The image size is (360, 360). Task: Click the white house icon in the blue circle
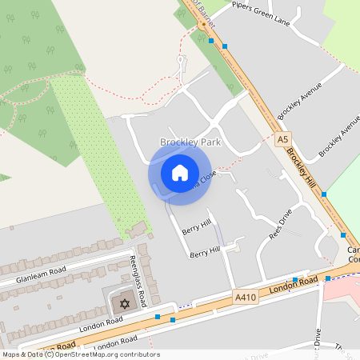pyautogui.click(x=180, y=172)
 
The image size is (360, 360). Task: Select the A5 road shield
pyautogui.click(x=282, y=139)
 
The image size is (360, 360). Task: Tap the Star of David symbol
pyautogui.click(x=124, y=304)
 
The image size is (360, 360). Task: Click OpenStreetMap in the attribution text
pyautogui.click(x=84, y=354)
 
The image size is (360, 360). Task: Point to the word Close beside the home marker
pyautogui.click(x=206, y=178)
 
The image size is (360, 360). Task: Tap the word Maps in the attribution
pyautogui.click(x=11, y=354)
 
